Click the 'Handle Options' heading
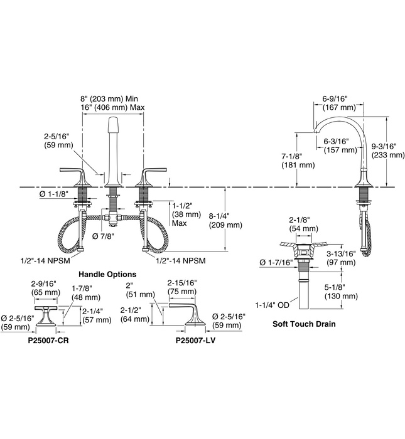point(107,274)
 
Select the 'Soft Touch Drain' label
point(303,324)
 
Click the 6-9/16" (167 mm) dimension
point(339,103)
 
